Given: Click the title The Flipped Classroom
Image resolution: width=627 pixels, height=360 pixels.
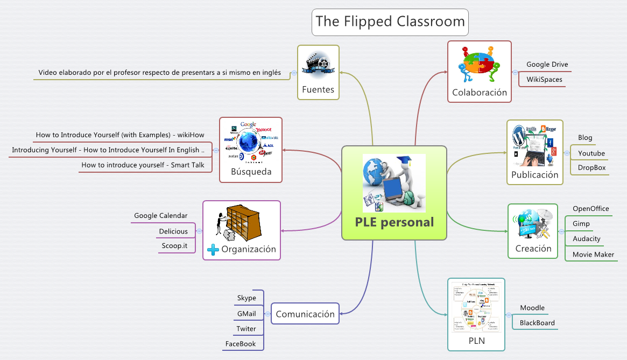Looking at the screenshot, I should tap(390, 22).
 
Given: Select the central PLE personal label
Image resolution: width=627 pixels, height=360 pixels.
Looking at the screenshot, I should tap(394, 222).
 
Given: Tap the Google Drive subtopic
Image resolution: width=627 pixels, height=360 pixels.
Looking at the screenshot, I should tap(547, 65).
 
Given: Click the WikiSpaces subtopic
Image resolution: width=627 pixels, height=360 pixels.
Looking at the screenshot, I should tap(544, 80).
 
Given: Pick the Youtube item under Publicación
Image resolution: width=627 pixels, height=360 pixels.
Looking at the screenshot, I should tap(591, 153).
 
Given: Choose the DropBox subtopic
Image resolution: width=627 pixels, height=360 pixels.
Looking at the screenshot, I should tap(591, 168).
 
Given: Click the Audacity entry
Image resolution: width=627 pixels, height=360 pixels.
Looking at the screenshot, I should tap(586, 239).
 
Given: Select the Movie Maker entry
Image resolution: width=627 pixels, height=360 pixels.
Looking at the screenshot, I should tap(593, 255).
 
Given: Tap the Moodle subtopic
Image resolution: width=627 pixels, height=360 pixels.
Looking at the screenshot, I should tap(532, 308).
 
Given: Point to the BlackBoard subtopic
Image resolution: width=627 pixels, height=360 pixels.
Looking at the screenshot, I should tap(537, 323).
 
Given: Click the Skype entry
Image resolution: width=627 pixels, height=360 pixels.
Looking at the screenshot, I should tap(246, 298).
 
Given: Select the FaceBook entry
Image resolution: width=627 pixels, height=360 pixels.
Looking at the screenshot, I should tap(241, 344).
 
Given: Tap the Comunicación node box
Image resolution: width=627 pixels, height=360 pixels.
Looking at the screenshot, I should tap(305, 314).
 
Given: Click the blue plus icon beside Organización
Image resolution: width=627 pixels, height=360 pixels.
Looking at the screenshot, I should tap(213, 250).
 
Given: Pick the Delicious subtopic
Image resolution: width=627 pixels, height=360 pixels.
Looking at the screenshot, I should tap(173, 231).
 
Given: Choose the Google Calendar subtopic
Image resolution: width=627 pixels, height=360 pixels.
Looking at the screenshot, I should tap(160, 216).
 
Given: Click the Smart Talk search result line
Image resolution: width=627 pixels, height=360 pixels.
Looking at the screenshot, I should tap(143, 165).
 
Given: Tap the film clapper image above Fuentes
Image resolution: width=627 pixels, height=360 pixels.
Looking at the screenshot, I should tap(318, 63).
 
